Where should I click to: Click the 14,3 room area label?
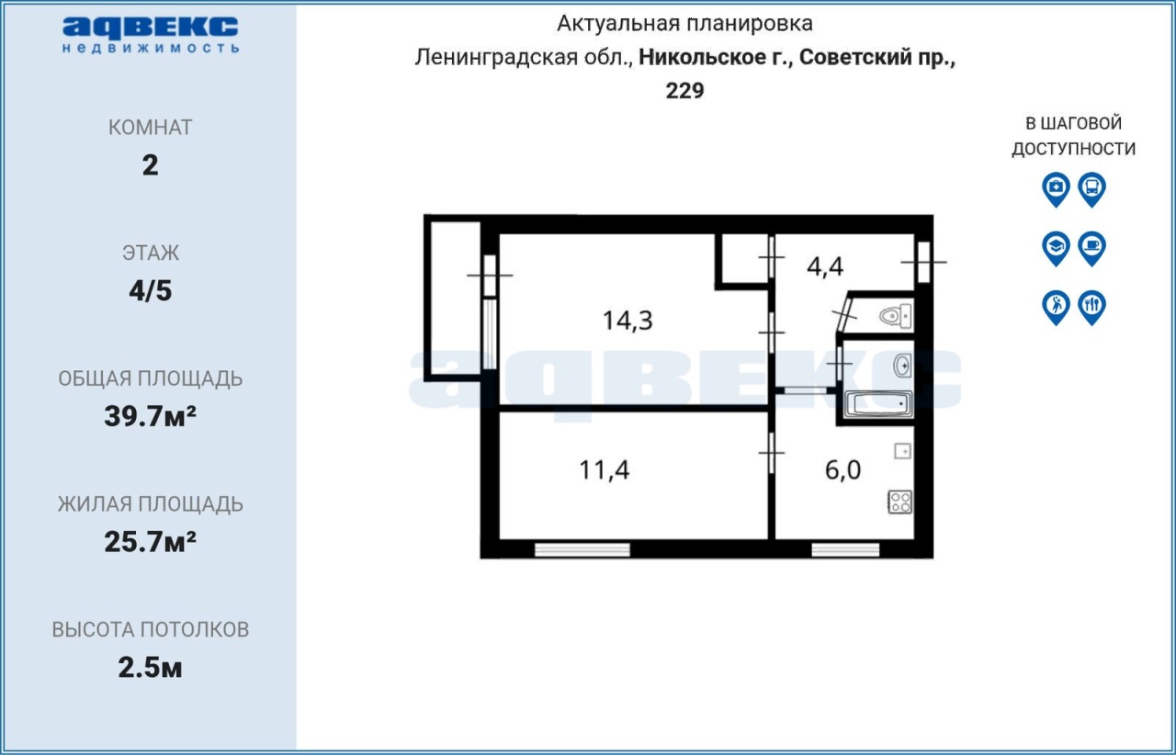coord(628,321)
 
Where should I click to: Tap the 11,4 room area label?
coord(604,469)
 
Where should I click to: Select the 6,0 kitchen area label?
coord(842,469)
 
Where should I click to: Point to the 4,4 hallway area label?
coord(825,266)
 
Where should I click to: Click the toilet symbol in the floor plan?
coord(896,316)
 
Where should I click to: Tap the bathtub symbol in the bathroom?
coord(878,404)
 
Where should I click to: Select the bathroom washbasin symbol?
coord(902,366)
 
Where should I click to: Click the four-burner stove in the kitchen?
coord(899,501)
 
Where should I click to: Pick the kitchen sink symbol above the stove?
coord(902,451)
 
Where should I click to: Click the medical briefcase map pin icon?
coord(1056,189)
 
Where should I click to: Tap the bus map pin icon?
coord(1092,189)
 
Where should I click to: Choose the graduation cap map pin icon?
coord(1056,248)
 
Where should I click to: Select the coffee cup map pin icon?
coord(1092,248)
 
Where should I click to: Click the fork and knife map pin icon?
coord(1092,308)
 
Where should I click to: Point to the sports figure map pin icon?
coord(1056,308)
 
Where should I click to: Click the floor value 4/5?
coord(150,291)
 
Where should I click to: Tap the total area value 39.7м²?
coord(150,416)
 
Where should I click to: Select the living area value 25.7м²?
coord(150,542)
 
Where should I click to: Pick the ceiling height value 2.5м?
coord(150,668)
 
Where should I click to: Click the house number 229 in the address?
coord(684,91)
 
